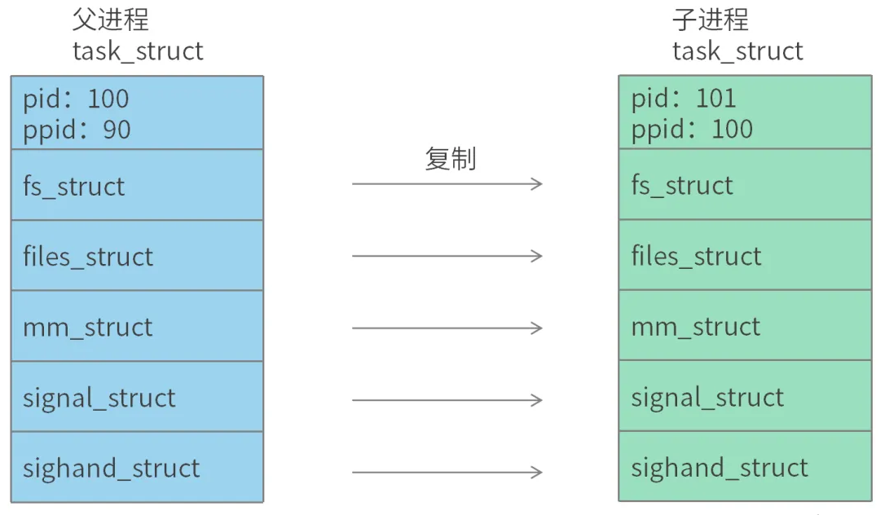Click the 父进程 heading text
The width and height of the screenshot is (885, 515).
click(x=111, y=20)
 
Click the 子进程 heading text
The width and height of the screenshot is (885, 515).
click(x=710, y=20)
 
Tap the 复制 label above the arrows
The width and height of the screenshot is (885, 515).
click(x=450, y=159)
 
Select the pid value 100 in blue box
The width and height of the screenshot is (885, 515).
click(x=108, y=99)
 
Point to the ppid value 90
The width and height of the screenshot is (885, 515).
click(x=117, y=130)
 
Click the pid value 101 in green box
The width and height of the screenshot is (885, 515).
click(x=715, y=99)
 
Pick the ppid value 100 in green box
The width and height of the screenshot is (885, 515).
click(x=732, y=129)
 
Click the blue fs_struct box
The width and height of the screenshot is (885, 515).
click(x=137, y=185)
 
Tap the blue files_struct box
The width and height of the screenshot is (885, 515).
click(x=137, y=256)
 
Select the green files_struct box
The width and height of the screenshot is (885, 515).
click(x=745, y=255)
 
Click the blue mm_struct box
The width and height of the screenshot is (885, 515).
click(x=137, y=326)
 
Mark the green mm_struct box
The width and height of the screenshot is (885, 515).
click(x=745, y=326)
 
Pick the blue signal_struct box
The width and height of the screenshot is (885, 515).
click(x=137, y=397)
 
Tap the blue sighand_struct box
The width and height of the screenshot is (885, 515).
click(x=137, y=467)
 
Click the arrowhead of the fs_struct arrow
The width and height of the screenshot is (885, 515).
click(x=538, y=184)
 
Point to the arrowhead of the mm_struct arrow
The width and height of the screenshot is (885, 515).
click(x=538, y=328)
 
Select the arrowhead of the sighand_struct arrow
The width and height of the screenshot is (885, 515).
click(x=538, y=472)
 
